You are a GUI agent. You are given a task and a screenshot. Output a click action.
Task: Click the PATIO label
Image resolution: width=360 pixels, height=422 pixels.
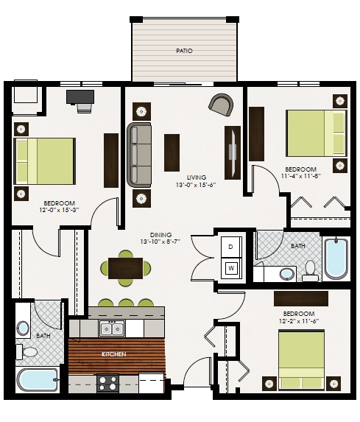[184, 52]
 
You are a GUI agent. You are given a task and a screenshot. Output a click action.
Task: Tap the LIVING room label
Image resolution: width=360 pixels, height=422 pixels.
[196, 177]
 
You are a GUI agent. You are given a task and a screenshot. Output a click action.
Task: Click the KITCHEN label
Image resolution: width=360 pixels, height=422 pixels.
[114, 355]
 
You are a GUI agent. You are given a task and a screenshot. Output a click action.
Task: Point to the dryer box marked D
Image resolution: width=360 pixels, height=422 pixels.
[230, 246]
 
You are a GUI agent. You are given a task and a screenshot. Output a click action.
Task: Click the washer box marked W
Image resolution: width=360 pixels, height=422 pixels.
[230, 268]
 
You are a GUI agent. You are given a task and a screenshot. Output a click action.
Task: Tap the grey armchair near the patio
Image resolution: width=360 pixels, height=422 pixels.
[220, 105]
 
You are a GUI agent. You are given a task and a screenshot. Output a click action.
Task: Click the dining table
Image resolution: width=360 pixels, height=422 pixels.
[125, 268]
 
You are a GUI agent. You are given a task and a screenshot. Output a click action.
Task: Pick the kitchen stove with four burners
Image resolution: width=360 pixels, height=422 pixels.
[109, 382]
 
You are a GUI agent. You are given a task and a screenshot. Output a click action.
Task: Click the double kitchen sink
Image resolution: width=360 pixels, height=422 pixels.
[112, 327]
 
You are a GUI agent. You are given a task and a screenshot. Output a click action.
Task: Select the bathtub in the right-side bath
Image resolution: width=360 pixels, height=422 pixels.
[336, 258]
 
